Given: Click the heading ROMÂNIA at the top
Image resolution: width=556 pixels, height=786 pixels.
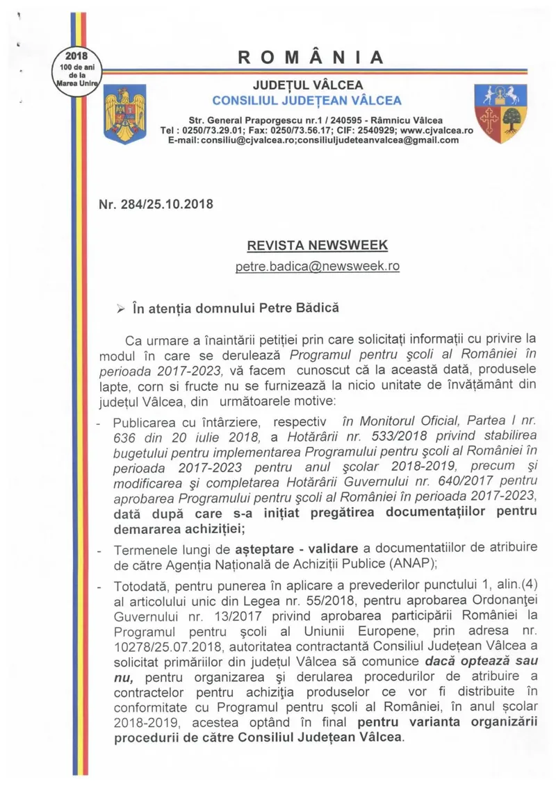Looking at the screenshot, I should pos(311,58).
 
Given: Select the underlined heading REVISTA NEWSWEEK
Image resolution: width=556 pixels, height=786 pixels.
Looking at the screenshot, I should pos(318,245).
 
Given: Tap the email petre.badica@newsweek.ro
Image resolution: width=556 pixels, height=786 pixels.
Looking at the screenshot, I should pos(318,265).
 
